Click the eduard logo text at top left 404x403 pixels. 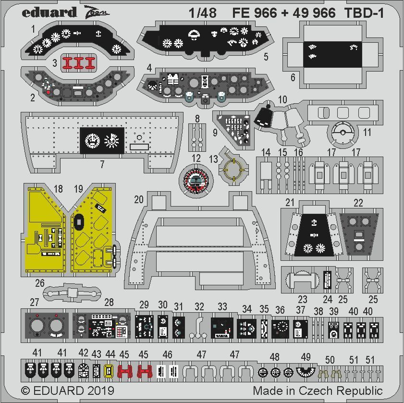(x=49, y=12)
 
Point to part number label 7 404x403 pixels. (x=102, y=164)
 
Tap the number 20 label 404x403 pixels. (x=139, y=200)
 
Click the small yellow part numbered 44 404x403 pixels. (x=108, y=370)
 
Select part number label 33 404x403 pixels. (x=222, y=305)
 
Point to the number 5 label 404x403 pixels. (x=266, y=57)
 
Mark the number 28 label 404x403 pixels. (x=109, y=302)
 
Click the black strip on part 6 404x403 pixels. (x=331, y=53)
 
